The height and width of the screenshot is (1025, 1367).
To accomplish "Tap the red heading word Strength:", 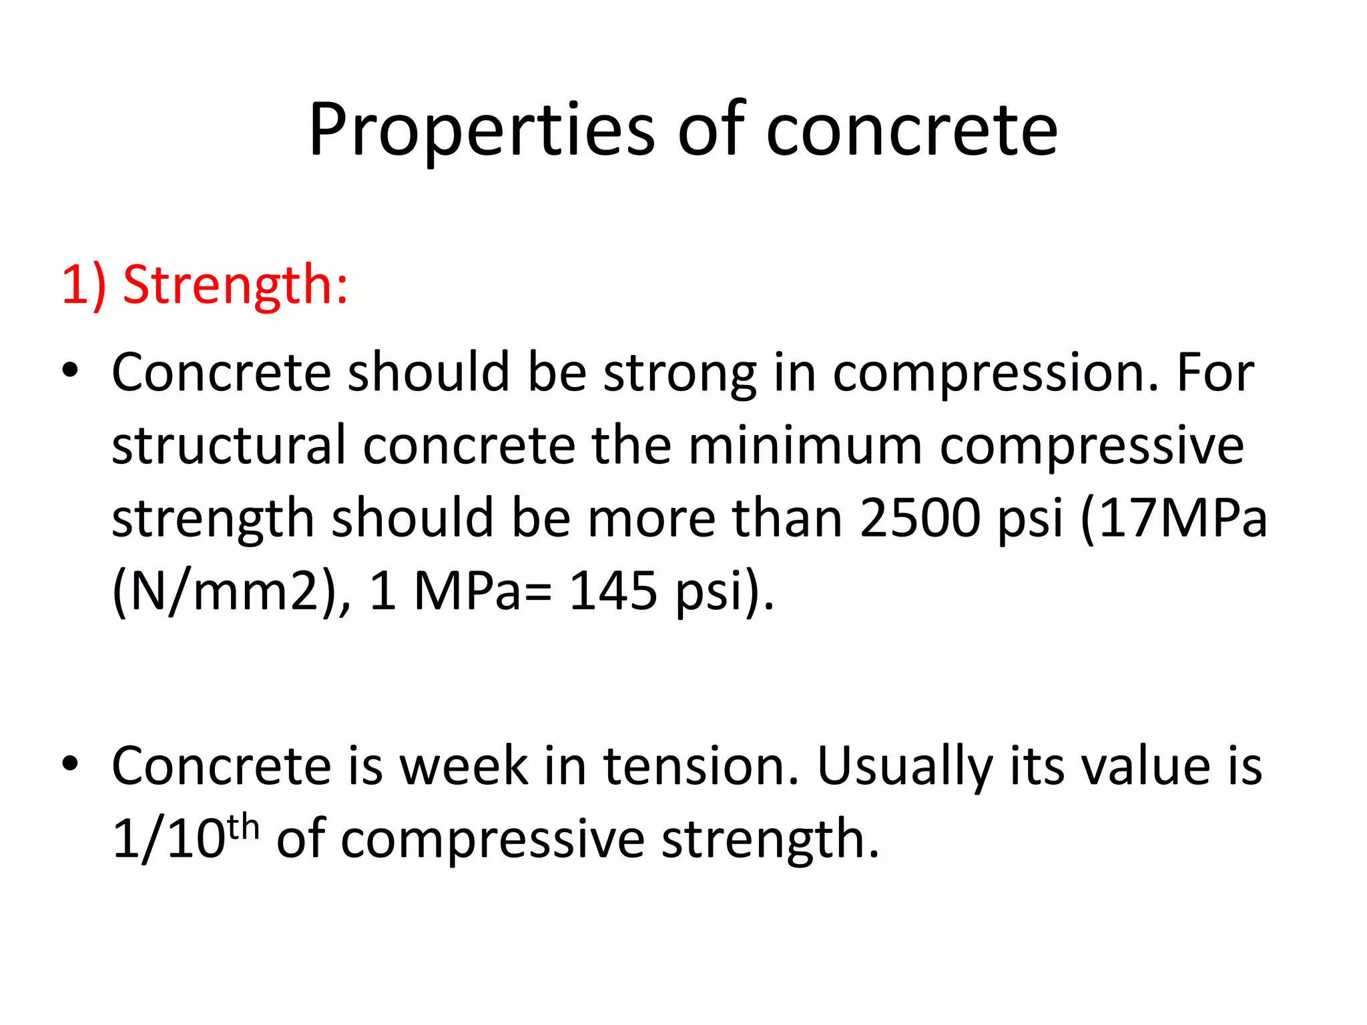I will (x=235, y=286).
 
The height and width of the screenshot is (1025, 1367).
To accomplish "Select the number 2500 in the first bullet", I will (x=920, y=519).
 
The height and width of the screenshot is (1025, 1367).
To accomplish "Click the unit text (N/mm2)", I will (x=226, y=591).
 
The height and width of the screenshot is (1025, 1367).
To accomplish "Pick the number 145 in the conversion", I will (x=612, y=591).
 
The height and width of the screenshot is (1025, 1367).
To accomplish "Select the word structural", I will (x=228, y=446).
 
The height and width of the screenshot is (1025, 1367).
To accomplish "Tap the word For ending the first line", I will (x=1215, y=372).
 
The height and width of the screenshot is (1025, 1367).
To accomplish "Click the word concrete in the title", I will (x=911, y=130).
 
